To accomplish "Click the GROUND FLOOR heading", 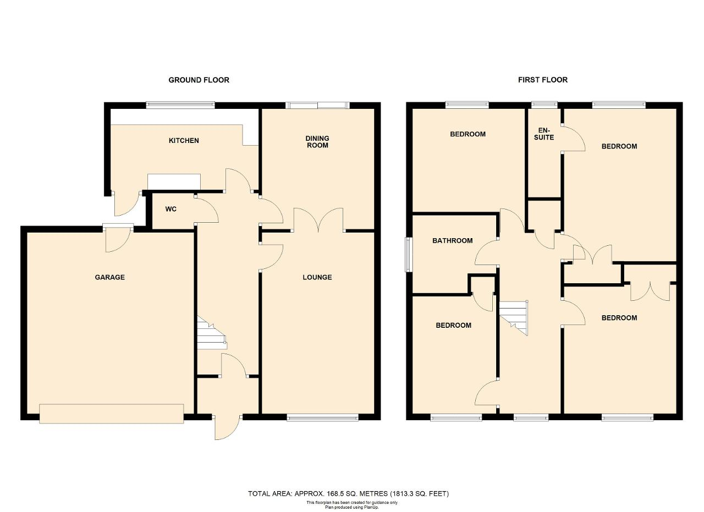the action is [x=199, y=80].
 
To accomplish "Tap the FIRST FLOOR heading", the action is [x=543, y=80].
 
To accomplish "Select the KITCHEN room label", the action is [x=184, y=140].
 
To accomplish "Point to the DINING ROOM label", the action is [x=317, y=142].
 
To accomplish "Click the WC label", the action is [x=171, y=209].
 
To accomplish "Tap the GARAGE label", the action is [x=109, y=277].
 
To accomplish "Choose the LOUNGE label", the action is [x=317, y=277].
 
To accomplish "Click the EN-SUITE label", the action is [x=544, y=134].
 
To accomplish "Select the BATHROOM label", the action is [x=453, y=241].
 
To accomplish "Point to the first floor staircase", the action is [x=514, y=318].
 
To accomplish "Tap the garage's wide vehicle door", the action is [x=112, y=414].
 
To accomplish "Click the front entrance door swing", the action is [x=228, y=428].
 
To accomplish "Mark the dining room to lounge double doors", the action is [x=318, y=220].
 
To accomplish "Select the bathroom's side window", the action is [x=408, y=255].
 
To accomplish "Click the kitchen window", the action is [x=180, y=105].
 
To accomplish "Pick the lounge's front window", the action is [x=323, y=418].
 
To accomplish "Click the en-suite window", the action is [x=544, y=104].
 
